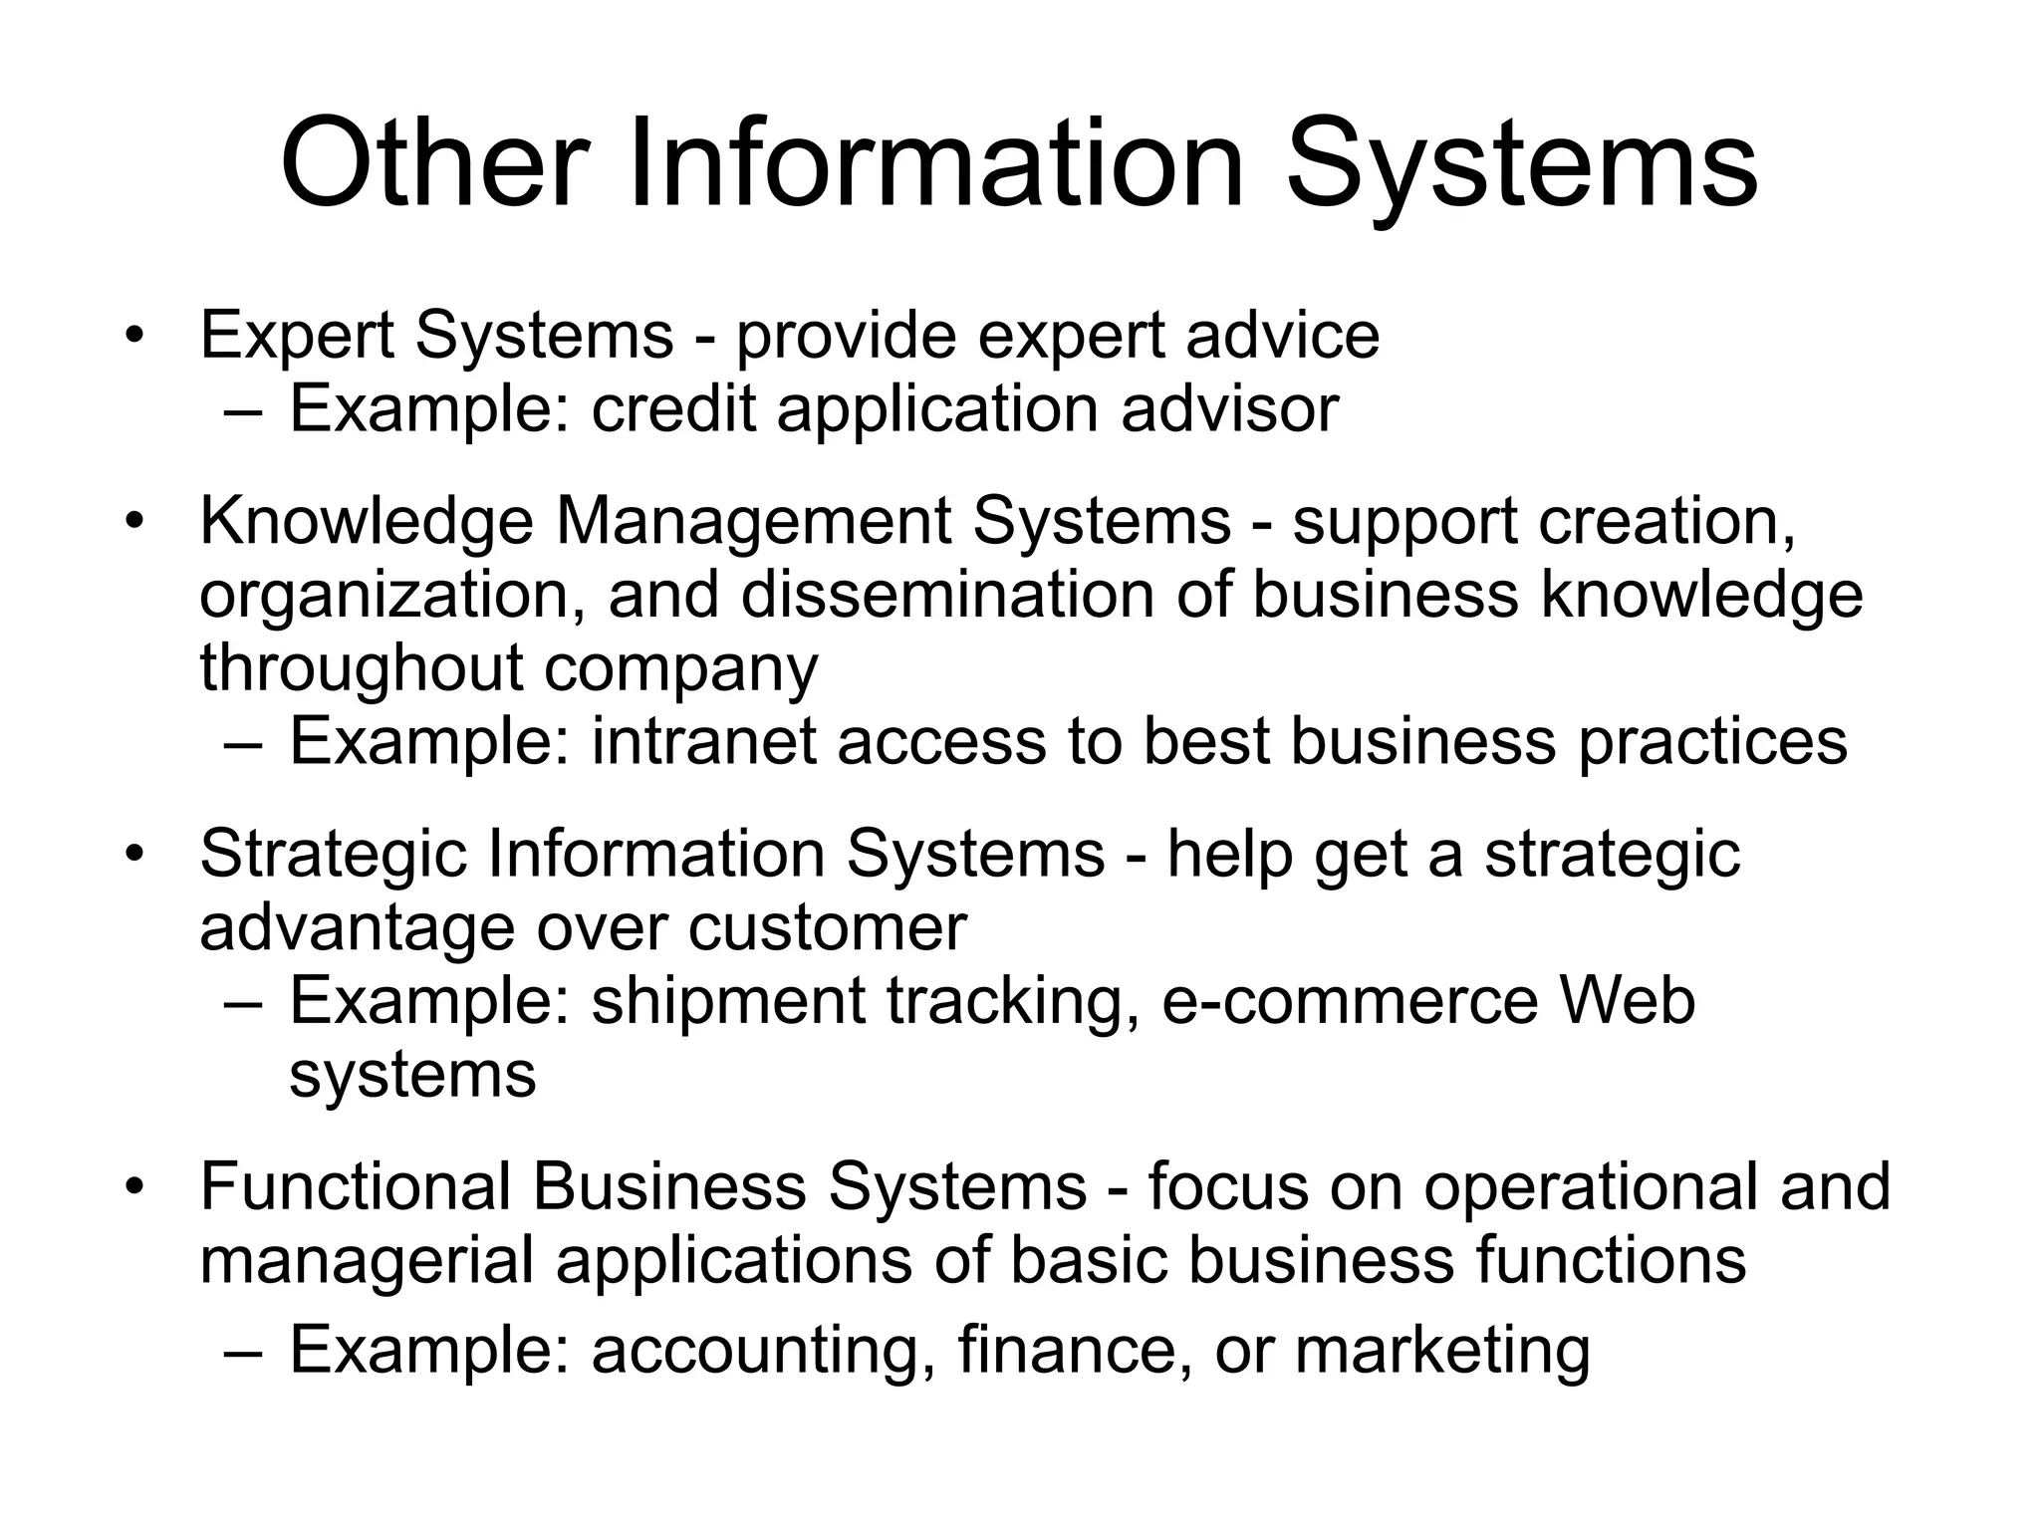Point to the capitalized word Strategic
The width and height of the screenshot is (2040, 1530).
click(x=333, y=855)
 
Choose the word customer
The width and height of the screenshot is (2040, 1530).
click(x=827, y=928)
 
